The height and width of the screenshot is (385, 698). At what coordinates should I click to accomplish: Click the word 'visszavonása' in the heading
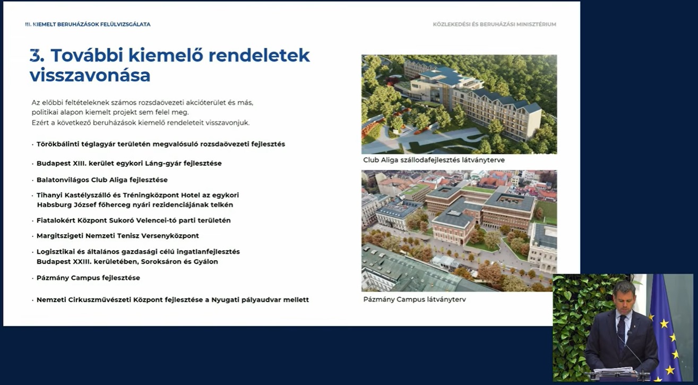tap(90, 75)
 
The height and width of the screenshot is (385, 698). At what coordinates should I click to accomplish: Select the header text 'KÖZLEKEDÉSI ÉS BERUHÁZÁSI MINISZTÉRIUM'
tap(494, 24)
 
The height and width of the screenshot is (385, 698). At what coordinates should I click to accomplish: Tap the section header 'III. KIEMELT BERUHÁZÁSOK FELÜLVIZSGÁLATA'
tap(88, 24)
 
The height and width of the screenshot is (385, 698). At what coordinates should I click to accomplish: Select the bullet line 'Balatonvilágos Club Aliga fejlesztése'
tap(102, 180)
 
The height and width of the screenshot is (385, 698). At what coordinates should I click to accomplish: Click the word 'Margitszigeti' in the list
tap(60, 236)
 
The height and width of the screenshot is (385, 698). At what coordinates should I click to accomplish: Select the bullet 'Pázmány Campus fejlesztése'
tap(88, 278)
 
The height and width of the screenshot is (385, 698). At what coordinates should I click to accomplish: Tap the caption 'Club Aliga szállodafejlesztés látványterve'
tap(434, 160)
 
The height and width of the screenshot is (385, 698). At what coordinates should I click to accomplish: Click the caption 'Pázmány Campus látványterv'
tap(415, 300)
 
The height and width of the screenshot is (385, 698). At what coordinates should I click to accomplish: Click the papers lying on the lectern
tap(614, 370)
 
